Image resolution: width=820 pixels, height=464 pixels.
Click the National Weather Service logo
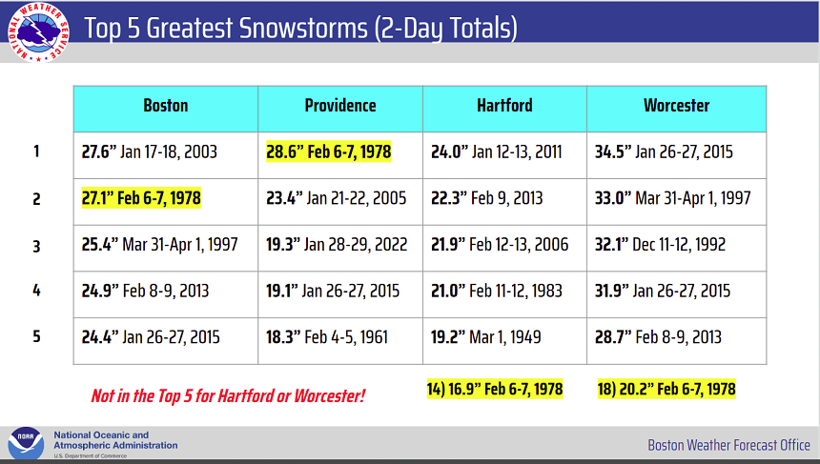38,31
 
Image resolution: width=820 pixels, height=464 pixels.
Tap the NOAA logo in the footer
26,443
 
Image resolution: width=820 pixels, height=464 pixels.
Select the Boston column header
166,106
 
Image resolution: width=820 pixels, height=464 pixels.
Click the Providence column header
340,106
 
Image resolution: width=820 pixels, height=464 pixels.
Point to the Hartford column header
504,106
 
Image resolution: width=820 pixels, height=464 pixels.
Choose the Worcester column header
677,106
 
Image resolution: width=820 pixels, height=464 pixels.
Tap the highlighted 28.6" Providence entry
328,152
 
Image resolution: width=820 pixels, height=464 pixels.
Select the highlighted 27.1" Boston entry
141,198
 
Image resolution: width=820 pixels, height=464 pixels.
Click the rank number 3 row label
36,246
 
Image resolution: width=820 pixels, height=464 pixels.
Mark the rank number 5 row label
36,336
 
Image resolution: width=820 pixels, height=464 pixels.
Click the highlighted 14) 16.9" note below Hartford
495,390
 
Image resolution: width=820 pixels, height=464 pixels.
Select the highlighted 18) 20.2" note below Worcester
666,390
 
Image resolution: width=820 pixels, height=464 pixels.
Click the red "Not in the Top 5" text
228,396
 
